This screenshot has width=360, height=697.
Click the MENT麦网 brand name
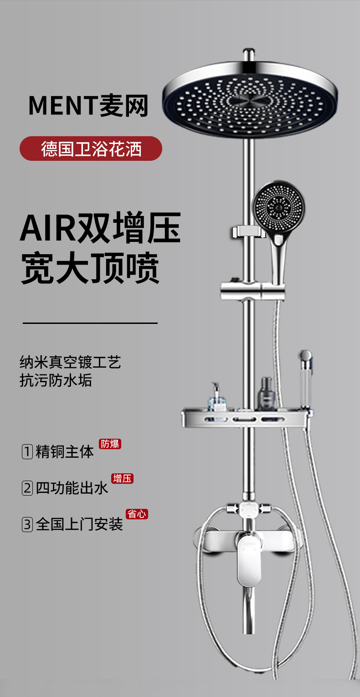tap(88, 105)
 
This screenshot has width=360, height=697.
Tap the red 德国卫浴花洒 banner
tap(91, 149)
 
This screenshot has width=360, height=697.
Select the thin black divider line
tap(90, 323)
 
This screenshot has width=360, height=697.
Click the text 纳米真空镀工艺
tap(70, 363)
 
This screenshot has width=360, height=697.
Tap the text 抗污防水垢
tap(56, 380)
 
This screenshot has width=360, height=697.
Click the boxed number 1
tap(27, 451)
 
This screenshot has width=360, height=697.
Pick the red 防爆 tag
tap(110, 444)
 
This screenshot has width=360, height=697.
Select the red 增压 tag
tap(122, 478)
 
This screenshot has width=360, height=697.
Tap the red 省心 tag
tap(137, 514)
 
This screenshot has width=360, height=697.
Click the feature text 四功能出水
tap(72, 488)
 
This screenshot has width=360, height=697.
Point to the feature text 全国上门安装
tap(79, 524)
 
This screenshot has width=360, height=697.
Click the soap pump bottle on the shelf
tap(216, 398)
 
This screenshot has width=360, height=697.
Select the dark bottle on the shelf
tap(266, 395)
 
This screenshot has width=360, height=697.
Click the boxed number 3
tap(27, 524)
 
